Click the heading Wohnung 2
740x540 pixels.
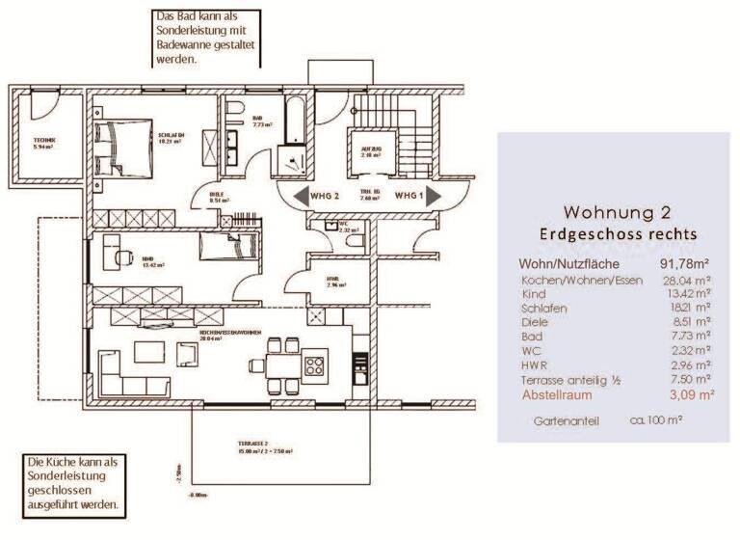click(x=617, y=212)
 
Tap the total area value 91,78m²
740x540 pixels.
click(x=684, y=263)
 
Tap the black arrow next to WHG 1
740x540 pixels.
click(x=436, y=197)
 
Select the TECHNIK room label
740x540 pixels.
click(x=44, y=141)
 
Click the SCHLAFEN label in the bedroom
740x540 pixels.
click(x=171, y=134)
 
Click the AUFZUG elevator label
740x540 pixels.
click(x=373, y=149)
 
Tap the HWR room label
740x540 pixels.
click(x=333, y=279)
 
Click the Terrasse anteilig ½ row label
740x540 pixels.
click(x=570, y=380)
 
